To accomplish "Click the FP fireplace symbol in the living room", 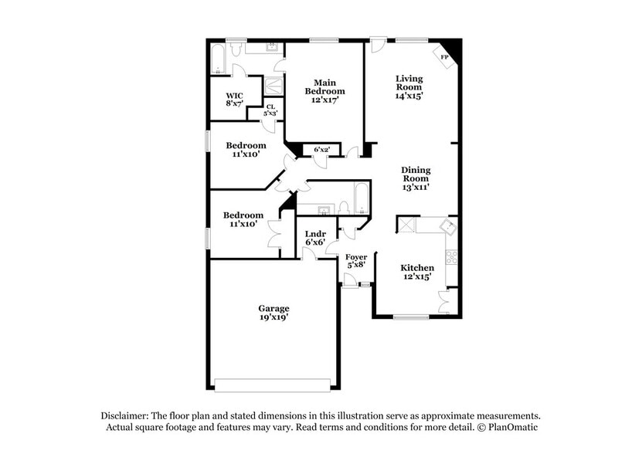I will (446, 56).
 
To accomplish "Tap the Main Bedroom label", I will (324, 90).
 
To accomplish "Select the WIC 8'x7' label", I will (235, 99).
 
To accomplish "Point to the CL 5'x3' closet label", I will (270, 110).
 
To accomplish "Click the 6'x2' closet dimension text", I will (321, 149).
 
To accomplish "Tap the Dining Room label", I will (416, 178).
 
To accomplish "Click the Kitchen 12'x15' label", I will (416, 272).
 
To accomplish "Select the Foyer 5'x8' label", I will (356, 260).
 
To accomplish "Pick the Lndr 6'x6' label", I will (314, 238).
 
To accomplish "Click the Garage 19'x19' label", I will (273, 313).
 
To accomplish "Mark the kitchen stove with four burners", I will (452, 256).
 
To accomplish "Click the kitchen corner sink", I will (446, 226).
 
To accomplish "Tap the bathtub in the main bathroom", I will (217, 59).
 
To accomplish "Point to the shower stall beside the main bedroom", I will (274, 85).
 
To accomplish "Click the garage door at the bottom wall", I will (273, 385).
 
